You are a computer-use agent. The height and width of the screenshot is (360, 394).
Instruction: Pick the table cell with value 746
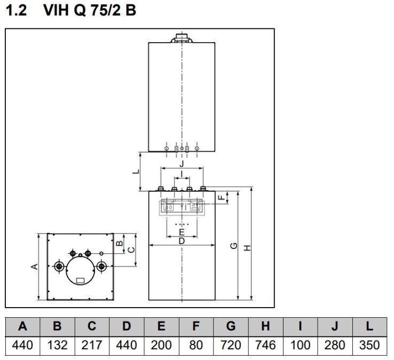[x=265, y=345]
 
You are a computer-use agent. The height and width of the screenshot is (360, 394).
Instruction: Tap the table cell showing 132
[x=57, y=345]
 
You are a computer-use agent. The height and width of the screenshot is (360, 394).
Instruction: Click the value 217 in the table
[x=92, y=345]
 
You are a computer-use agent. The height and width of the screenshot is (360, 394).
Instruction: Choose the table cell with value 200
[x=161, y=345]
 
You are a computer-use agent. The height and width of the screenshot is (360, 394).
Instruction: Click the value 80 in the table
[x=196, y=345]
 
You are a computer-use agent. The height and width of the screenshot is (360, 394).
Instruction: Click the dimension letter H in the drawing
[x=247, y=247]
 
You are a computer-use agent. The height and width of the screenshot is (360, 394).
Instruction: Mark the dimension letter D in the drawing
[x=182, y=241]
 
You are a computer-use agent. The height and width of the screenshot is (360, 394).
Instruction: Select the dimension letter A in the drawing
[x=35, y=266]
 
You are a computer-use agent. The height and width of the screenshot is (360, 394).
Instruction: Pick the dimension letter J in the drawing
[x=182, y=163]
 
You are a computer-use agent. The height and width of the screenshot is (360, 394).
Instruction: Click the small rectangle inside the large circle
[x=80, y=279]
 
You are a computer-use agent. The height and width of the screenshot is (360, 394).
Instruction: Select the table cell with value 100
[x=300, y=345]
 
